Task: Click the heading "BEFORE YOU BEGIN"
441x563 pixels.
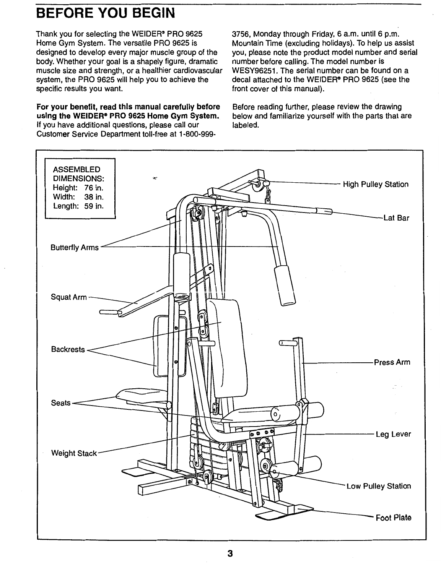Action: tap(105, 14)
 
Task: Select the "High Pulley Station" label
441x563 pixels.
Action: tap(376, 185)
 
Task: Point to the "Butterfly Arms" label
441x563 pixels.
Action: tap(75, 248)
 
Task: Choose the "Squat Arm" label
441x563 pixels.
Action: tap(69, 297)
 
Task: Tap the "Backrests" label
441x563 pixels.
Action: tap(68, 350)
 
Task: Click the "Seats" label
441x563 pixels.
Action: tap(61, 403)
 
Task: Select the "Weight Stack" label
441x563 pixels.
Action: tap(74, 454)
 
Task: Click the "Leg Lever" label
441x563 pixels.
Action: tap(393, 434)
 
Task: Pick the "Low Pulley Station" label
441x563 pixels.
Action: tap(378, 486)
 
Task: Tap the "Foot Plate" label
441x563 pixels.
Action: tap(394, 518)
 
